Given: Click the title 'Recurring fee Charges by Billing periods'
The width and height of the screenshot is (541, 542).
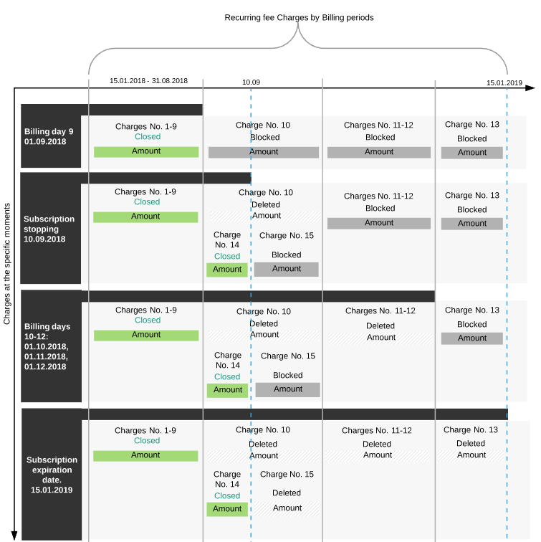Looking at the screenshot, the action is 299,18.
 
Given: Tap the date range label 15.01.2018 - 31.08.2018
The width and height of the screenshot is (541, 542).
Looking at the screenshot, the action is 148,80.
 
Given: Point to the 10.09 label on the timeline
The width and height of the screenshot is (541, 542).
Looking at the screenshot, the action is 251,82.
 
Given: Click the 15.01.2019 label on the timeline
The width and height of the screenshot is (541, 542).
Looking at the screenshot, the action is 504,83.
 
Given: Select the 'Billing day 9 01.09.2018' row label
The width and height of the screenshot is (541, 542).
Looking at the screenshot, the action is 49,136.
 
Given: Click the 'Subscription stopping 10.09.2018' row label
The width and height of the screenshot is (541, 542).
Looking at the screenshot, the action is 49,229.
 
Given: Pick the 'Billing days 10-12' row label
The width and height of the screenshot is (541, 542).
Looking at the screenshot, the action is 47,346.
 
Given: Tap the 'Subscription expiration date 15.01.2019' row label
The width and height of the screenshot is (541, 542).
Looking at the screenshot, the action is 52,475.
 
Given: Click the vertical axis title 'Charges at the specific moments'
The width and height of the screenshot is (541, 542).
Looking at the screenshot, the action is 7,264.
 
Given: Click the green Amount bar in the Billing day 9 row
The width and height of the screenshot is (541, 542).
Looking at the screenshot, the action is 146,152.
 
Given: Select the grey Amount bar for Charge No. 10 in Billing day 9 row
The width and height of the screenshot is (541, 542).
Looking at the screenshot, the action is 264,153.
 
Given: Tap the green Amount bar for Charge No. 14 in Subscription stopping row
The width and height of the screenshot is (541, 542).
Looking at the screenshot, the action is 227,270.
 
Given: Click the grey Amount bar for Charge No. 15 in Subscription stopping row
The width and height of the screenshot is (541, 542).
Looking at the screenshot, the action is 287,270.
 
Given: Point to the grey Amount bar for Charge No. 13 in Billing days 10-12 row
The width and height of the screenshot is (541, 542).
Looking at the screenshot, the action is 472,338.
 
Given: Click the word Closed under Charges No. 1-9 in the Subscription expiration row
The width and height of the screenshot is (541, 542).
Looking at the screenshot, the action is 147,441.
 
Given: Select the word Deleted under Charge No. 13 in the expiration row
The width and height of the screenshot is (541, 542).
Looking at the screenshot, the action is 471,444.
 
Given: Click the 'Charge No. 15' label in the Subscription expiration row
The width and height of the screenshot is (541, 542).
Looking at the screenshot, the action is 287,475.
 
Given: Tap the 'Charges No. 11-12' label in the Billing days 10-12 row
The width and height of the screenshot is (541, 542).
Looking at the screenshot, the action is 380,310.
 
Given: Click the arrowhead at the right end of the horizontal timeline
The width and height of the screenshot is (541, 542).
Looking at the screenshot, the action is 530,88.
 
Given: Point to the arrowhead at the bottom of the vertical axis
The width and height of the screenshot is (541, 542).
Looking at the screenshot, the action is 14,536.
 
